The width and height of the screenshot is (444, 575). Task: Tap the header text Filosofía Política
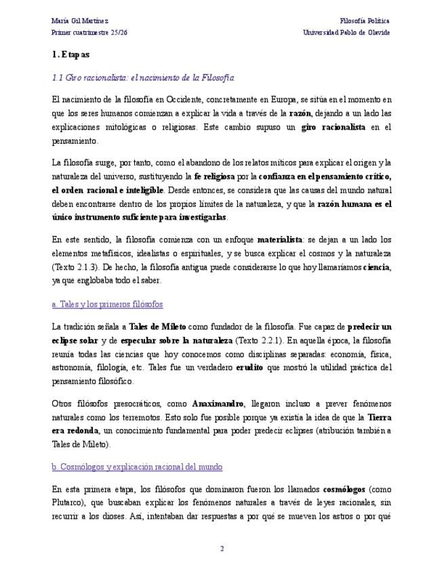tap(365, 21)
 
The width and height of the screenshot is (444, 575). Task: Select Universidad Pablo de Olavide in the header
tap(346, 33)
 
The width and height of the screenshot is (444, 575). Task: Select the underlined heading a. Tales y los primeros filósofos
tap(107, 303)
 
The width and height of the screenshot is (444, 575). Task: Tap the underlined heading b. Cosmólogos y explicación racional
tap(137, 467)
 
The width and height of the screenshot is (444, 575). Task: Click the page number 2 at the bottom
tap(222, 548)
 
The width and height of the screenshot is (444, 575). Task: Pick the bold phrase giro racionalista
tap(333, 127)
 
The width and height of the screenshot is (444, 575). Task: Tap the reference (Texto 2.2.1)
tap(266, 340)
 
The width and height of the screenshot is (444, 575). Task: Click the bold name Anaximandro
tap(217, 403)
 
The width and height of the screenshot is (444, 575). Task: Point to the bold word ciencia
tap(376, 267)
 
